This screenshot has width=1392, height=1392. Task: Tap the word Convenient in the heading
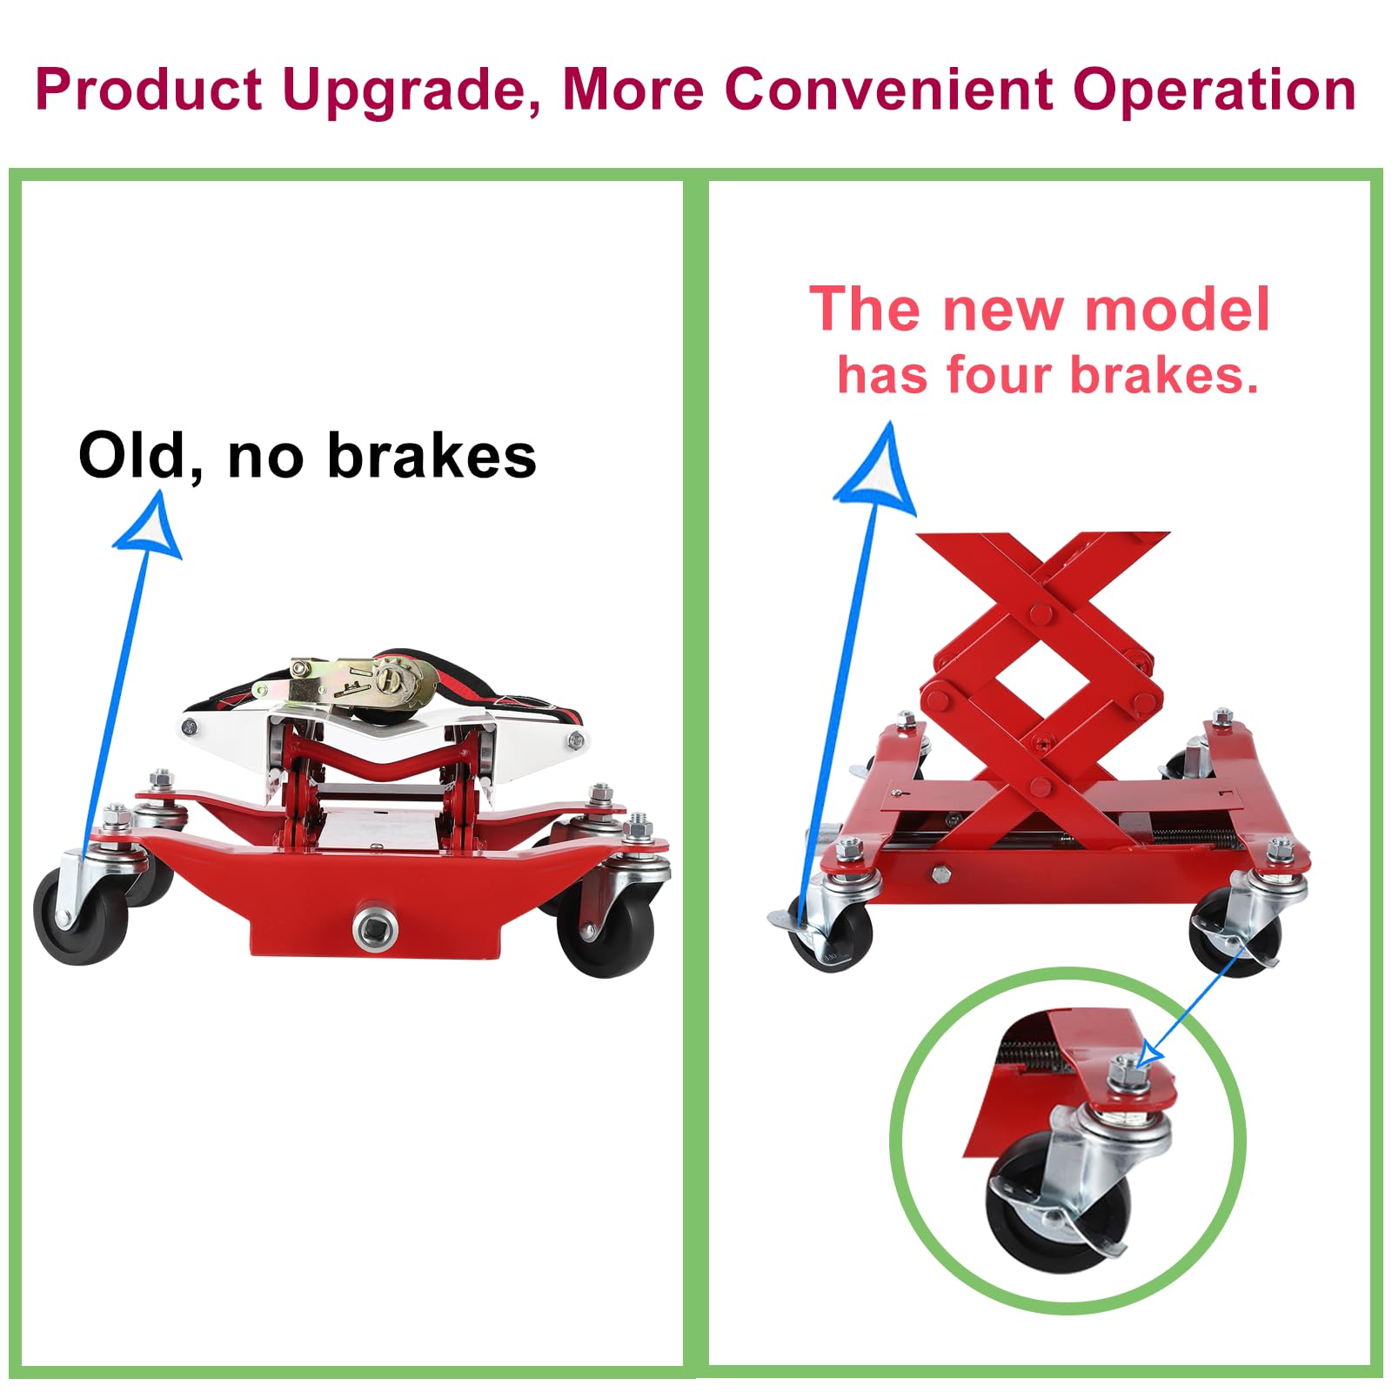pyautogui.click(x=889, y=89)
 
